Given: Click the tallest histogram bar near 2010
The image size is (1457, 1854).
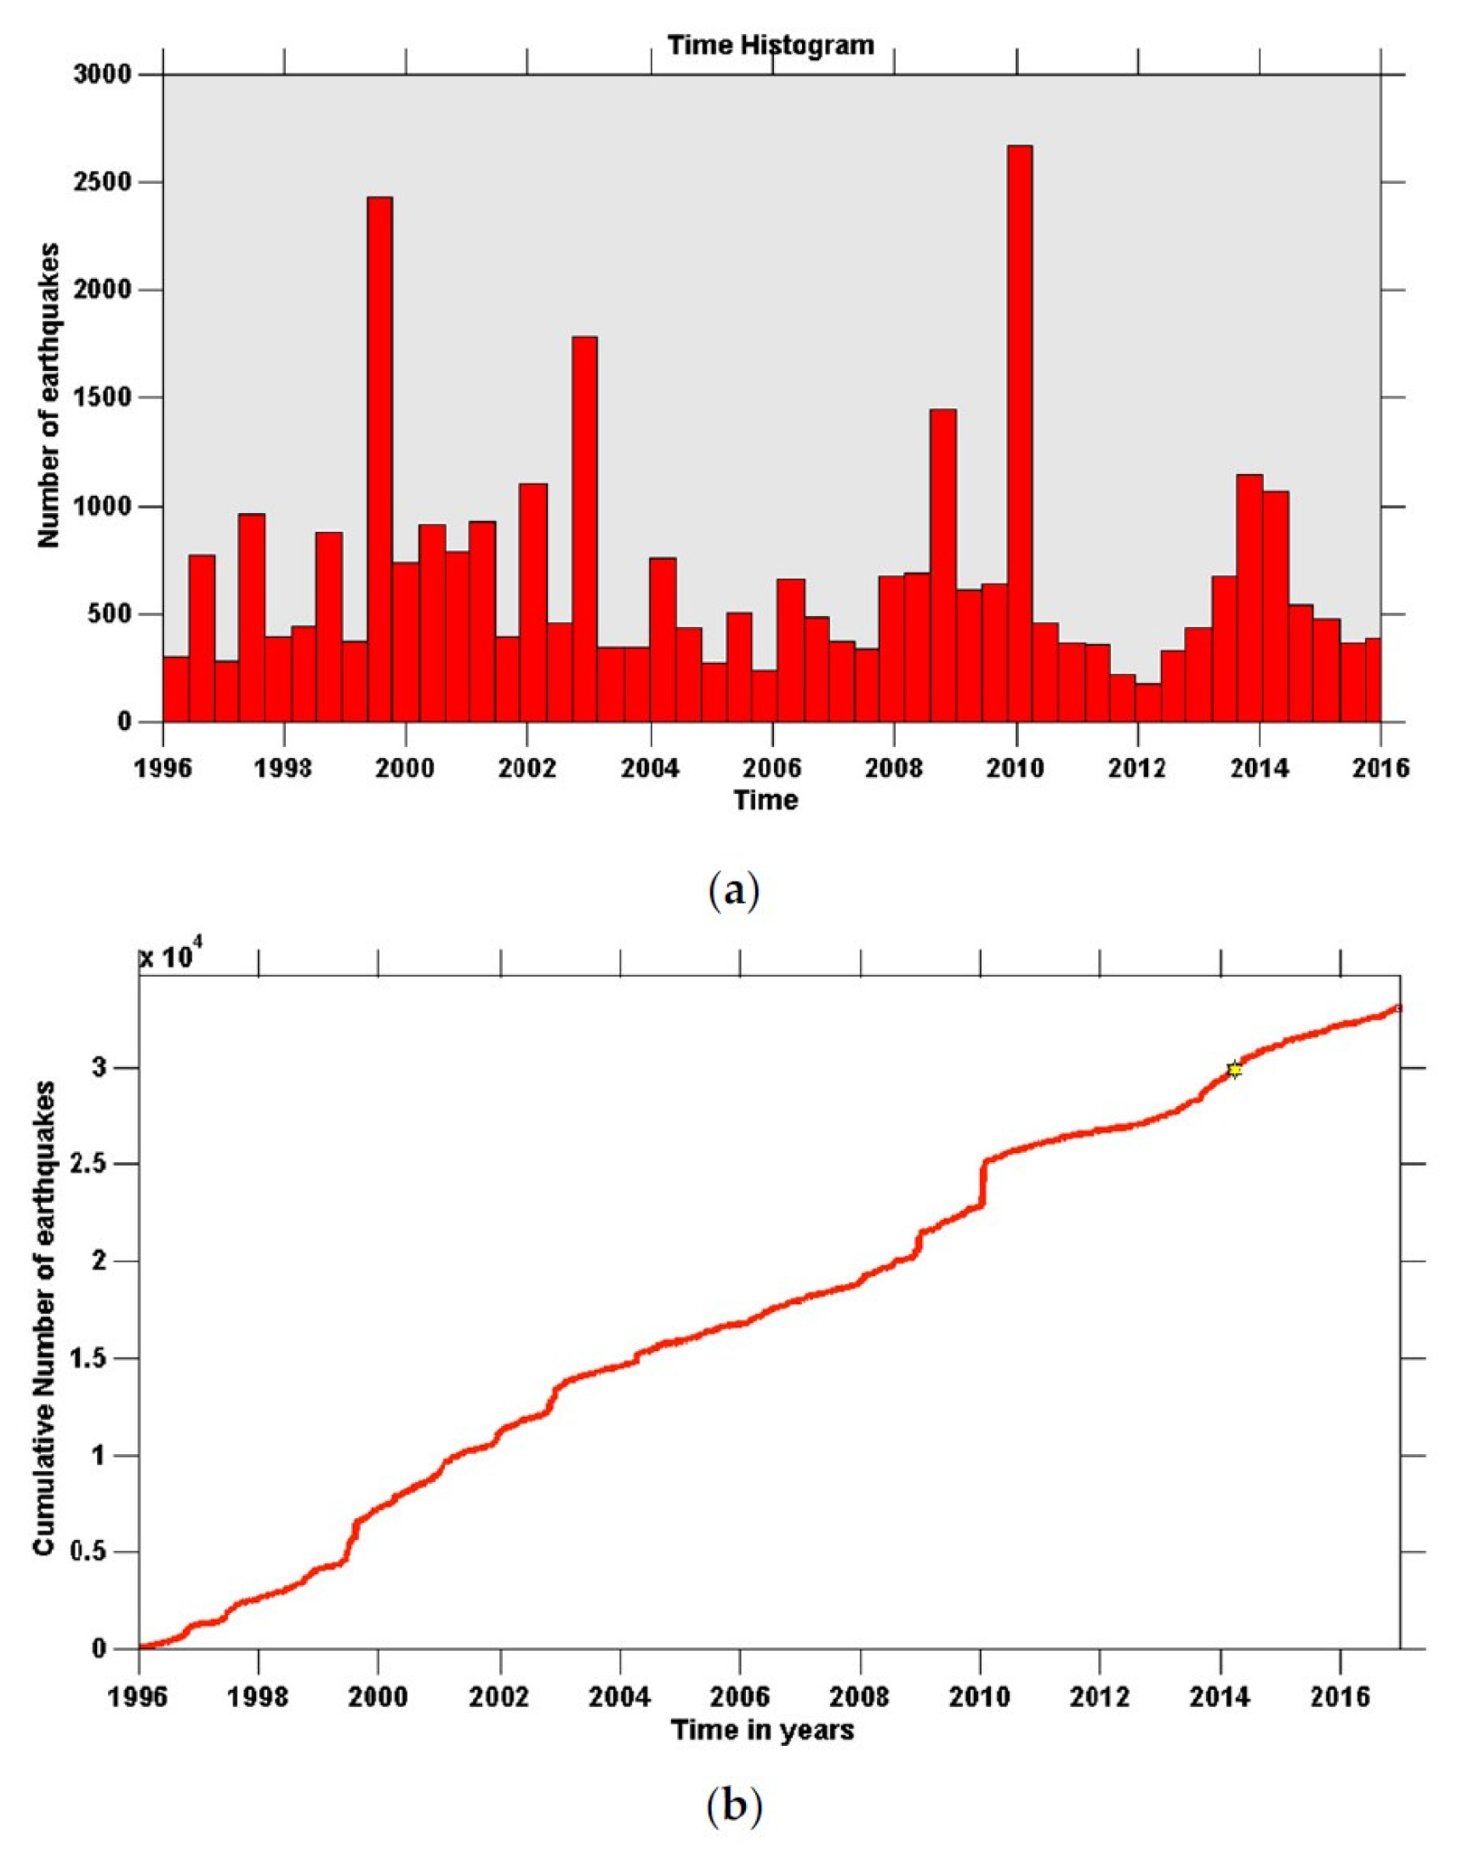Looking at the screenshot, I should [1019, 435].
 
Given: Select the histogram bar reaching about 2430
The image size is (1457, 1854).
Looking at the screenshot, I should [379, 460].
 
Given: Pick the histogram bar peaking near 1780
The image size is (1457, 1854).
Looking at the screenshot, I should [584, 529].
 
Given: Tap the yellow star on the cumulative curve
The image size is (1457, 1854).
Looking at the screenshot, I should [1233, 1070].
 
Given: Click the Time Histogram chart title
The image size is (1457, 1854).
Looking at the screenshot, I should [771, 44].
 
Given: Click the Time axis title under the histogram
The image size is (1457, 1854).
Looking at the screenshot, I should [766, 800].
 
